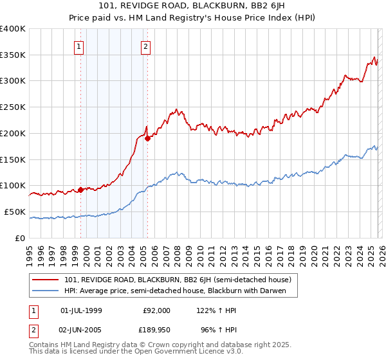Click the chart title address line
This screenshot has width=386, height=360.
tap(193, 7)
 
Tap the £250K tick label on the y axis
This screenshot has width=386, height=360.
tap(13, 107)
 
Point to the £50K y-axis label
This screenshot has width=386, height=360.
tap(15, 212)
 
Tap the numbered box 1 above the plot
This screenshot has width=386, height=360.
tap(78, 46)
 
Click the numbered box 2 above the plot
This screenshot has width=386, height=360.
tap(146, 46)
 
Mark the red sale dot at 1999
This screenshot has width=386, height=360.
tap(81, 190)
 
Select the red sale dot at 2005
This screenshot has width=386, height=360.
tap(147, 138)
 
